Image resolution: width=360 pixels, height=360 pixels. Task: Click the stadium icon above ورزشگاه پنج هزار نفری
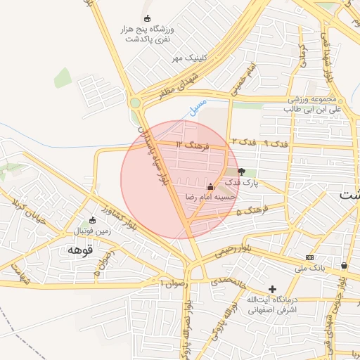pyautogui.click(x=147, y=18)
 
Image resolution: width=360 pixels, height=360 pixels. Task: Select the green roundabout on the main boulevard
pyautogui.click(x=134, y=103)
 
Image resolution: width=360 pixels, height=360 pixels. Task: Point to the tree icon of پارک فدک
pyautogui.click(x=242, y=171)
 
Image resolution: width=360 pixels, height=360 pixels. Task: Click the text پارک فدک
pyautogui.click(x=242, y=182)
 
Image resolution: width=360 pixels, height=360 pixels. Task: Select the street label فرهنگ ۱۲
pyautogui.click(x=193, y=144)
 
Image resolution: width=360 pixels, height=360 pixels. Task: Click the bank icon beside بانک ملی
pyautogui.click(x=310, y=257)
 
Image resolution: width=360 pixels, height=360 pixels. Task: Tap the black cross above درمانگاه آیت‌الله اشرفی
pyautogui.click(x=272, y=289)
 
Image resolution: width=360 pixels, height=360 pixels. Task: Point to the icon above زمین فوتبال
pyautogui.click(x=92, y=220)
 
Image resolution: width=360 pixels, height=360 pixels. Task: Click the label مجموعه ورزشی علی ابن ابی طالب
pyautogui.click(x=313, y=104)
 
